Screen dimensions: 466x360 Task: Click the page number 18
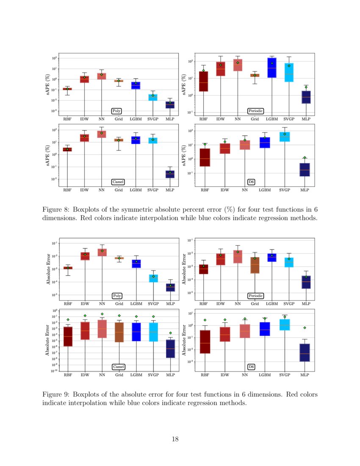coord(175,439)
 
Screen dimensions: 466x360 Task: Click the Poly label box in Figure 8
coord(116,111)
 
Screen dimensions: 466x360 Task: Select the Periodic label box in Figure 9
coord(256,296)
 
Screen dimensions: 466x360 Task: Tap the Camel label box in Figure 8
coord(118,182)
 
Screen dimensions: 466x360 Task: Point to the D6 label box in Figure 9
coord(251,366)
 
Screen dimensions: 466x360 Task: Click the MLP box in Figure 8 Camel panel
coord(170,174)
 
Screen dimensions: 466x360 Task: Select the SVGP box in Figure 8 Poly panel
coord(153,97)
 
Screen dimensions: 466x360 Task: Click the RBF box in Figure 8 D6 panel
coord(205,157)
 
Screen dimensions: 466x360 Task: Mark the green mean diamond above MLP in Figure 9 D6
coord(305,328)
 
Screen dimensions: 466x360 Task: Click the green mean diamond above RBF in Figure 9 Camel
coord(68,320)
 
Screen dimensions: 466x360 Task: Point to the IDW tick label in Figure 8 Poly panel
coord(85,119)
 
